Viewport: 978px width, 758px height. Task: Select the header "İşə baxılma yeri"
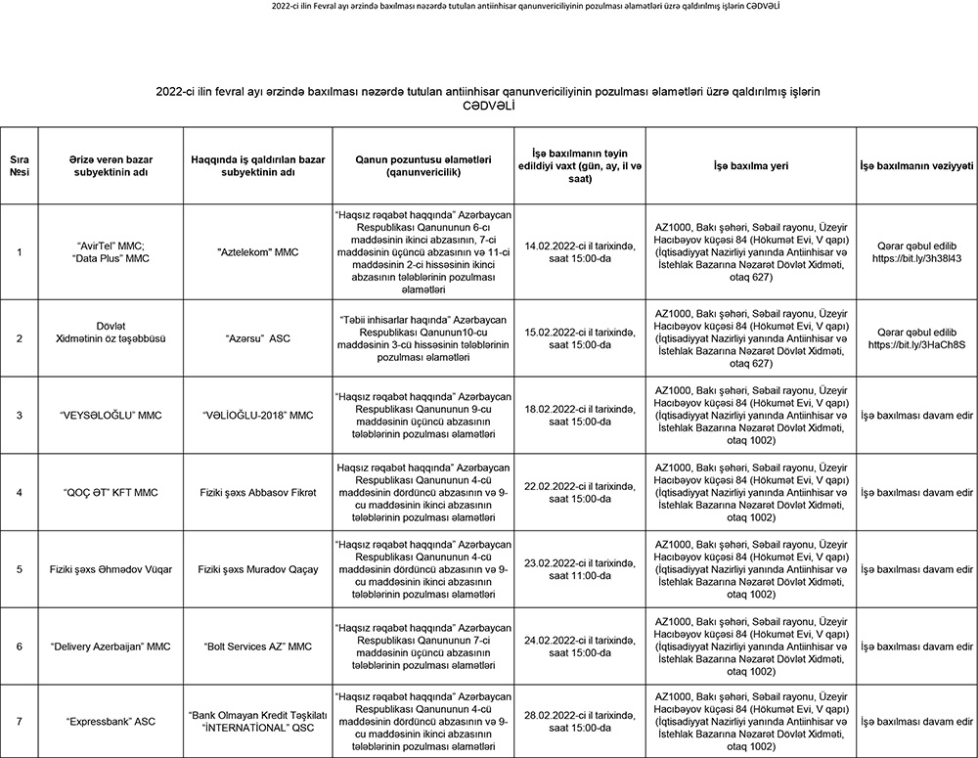(x=751, y=164)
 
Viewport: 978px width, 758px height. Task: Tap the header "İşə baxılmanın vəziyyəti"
(x=916, y=164)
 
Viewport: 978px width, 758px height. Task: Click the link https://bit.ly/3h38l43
(x=916, y=259)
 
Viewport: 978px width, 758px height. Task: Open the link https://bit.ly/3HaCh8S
(x=916, y=345)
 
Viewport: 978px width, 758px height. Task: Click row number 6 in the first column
(x=20, y=647)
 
